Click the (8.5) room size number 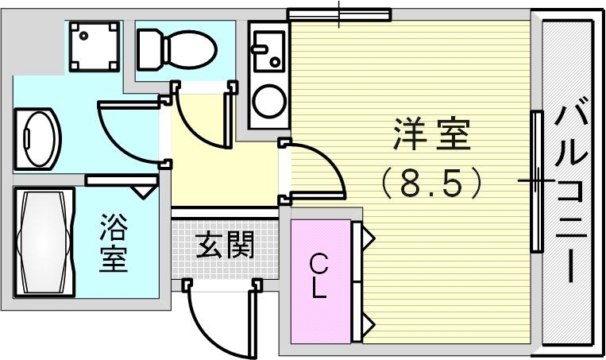[x=431, y=184]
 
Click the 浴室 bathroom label [x=114, y=244]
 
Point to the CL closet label [x=318, y=276]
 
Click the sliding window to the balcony [x=537, y=181]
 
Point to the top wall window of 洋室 [x=339, y=14]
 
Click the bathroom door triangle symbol [x=144, y=191]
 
